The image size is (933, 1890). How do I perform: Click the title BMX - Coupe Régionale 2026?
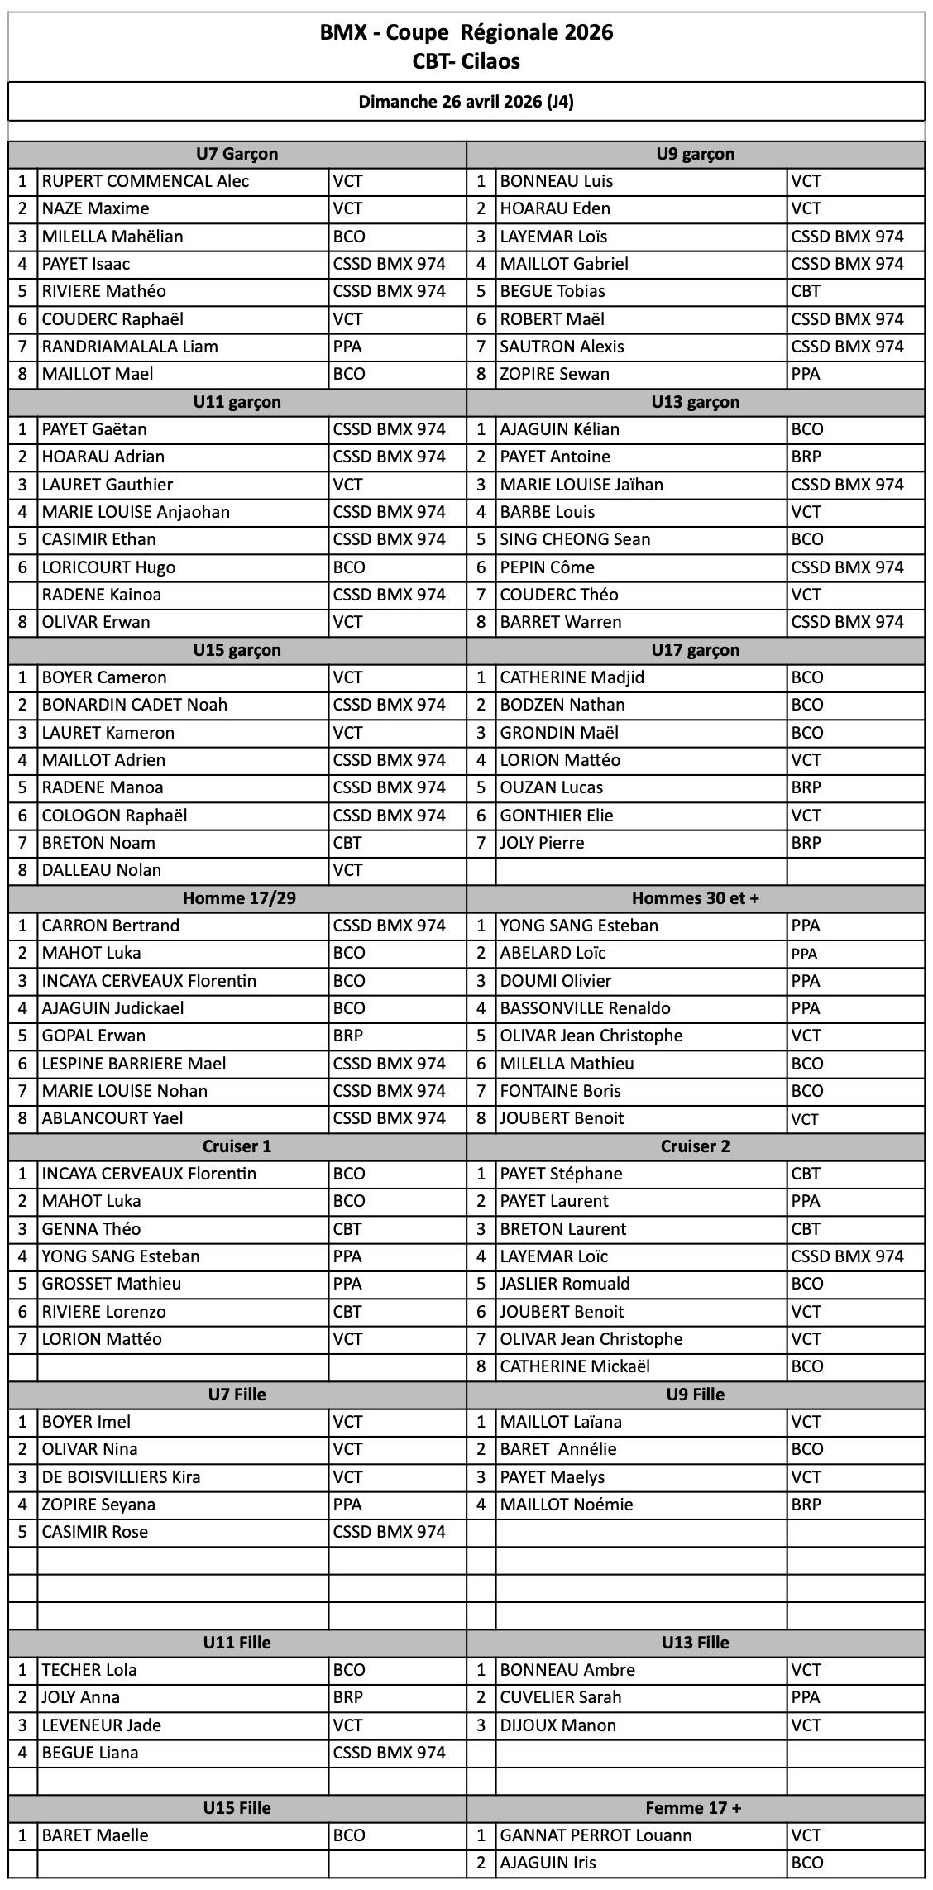pos(466,32)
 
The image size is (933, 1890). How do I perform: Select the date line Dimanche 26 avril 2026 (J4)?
pos(466,102)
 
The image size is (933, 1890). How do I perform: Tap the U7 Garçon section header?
pos(237,154)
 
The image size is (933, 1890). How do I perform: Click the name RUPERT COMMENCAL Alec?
pos(146,181)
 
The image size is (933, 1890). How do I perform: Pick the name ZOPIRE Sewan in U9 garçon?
pos(554,374)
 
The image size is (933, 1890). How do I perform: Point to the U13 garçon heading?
pos(695,402)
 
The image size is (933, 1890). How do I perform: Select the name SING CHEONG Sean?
pos(575,539)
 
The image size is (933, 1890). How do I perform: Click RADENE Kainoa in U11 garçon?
pos(102,595)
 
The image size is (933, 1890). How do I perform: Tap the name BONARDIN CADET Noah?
pos(135,705)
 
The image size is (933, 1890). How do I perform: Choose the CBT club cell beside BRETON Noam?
pos(347,843)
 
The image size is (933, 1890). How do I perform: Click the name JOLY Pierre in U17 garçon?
pos(542,843)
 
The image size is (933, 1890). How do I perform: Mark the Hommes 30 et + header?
pos(695,898)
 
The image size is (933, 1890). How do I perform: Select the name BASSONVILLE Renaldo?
pos(585,1008)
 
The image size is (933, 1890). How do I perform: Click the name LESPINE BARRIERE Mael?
pos(134,1064)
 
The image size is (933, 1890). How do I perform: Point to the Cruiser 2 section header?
pos(695,1146)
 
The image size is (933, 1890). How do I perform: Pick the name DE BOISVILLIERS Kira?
pos(122,1477)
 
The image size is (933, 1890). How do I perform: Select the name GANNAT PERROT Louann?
pos(596,1835)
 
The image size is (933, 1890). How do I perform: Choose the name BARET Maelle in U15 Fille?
pos(95,1835)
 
